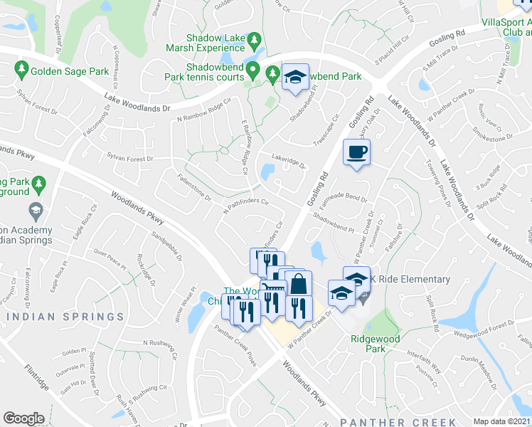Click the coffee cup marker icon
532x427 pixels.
click(x=356, y=151)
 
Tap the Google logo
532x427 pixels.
click(x=24, y=418)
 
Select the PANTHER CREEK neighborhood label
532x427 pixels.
click(x=398, y=422)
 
